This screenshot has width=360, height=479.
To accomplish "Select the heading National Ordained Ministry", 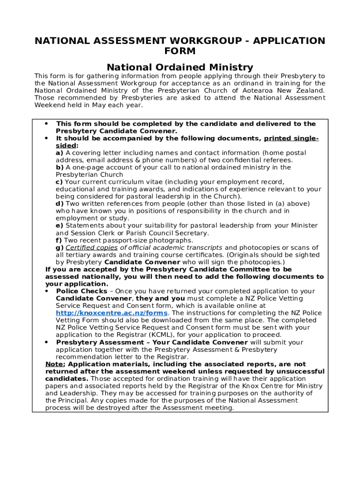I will pyautogui.click(x=180, y=67).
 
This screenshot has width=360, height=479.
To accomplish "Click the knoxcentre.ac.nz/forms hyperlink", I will pyautogui.click(x=112, y=313).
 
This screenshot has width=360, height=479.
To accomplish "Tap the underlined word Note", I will pyautogui.click(x=54, y=364).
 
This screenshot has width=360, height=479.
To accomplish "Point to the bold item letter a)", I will pyautogui.click(x=60, y=153).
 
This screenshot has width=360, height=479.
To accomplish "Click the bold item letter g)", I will pyautogui.click(x=60, y=247).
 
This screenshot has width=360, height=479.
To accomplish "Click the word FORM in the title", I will pyautogui.click(x=180, y=51).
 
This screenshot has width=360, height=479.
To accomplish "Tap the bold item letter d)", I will pyautogui.click(x=60, y=203).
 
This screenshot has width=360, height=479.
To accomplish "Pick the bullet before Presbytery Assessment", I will pyautogui.click(x=47, y=342).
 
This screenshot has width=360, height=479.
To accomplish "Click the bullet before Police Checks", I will pyautogui.click(x=47, y=291).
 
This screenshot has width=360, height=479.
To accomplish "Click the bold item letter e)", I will pyautogui.click(x=60, y=225).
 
